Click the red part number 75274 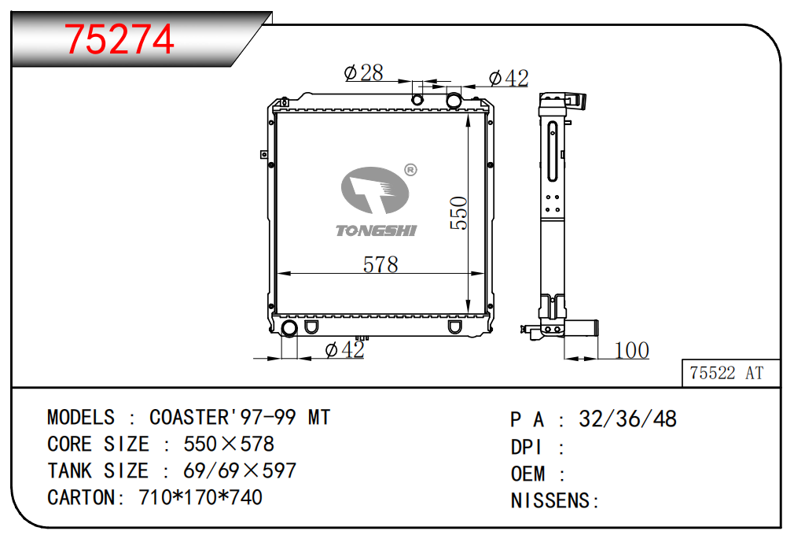(119, 39)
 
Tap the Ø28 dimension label (364, 73)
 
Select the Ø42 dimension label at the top (509, 78)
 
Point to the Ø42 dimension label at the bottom (345, 350)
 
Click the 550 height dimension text (459, 212)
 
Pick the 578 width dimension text (380, 264)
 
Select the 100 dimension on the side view (632, 350)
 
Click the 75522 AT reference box (731, 373)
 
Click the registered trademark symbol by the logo (410, 170)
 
